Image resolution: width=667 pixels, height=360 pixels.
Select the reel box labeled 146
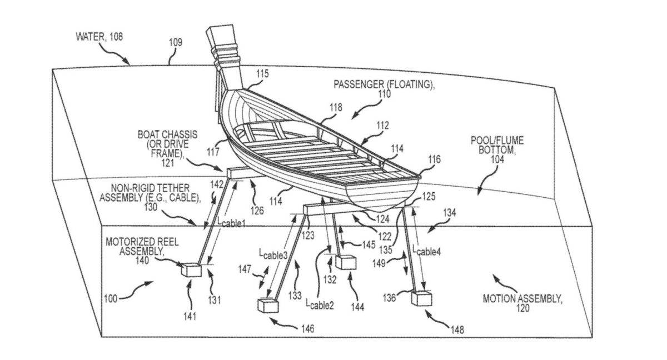[x=268, y=306]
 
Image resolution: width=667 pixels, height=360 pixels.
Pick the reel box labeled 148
[x=421, y=298]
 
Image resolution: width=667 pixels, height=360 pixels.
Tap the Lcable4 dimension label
[x=427, y=251]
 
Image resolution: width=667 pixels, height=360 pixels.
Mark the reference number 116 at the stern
[x=434, y=160]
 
